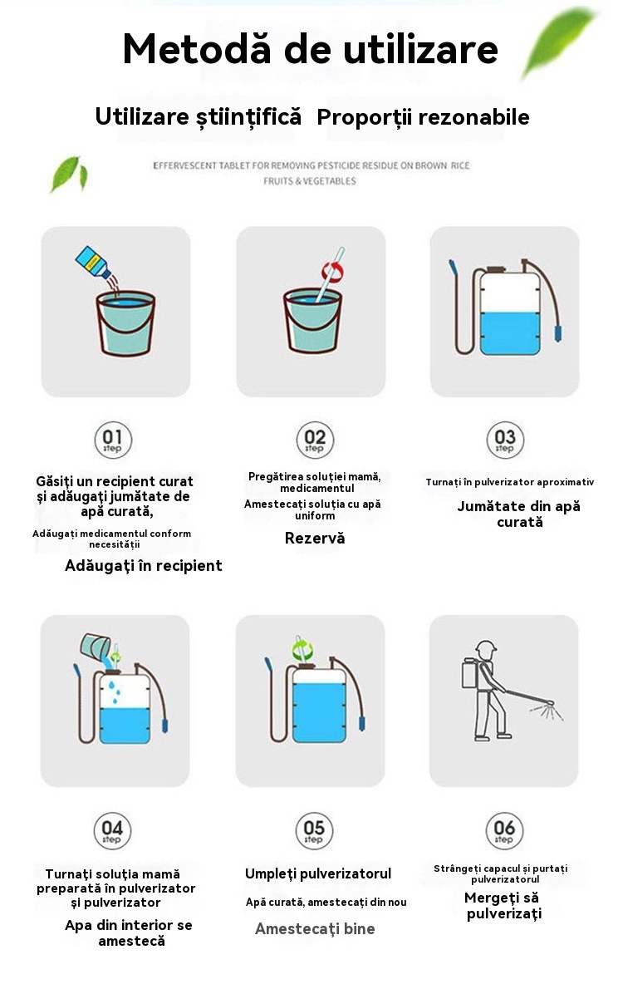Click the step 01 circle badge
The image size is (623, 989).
pyautogui.click(x=113, y=440)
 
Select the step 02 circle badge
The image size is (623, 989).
pyautogui.click(x=315, y=440)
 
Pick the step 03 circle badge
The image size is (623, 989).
pyautogui.click(x=505, y=440)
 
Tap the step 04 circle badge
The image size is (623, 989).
pyautogui.click(x=112, y=831)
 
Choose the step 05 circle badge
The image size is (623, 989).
pyautogui.click(x=314, y=831)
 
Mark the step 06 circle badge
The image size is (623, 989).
pyautogui.click(x=504, y=831)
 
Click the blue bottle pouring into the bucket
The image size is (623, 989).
pyautogui.click(x=93, y=263)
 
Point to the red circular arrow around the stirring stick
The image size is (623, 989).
pyautogui.click(x=332, y=271)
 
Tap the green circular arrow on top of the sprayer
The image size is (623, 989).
pyautogui.click(x=302, y=650)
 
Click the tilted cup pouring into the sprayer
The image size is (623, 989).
pyautogui.click(x=96, y=647)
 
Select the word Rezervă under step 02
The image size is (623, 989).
pyautogui.click(x=315, y=539)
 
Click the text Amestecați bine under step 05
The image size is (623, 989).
pyautogui.click(x=315, y=929)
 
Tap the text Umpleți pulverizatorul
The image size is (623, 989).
pyautogui.click(x=318, y=874)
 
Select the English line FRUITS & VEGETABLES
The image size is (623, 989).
pyautogui.click(x=310, y=181)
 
